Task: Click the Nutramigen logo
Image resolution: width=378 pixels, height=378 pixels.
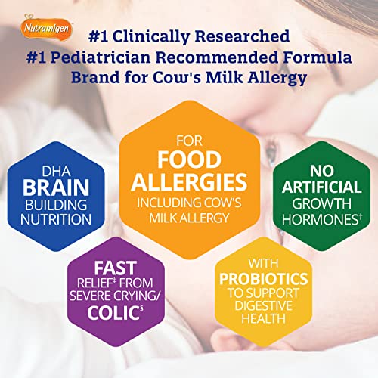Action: coord(46,28)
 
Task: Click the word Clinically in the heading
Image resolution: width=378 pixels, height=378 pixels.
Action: coord(150,36)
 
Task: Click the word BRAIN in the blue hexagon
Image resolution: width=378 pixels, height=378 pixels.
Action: coord(56,187)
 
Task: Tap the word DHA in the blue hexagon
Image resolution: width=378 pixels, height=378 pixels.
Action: coord(56,172)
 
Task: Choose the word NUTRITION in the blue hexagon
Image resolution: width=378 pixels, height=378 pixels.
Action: coord(56,219)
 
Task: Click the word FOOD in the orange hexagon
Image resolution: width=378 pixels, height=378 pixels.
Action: coord(190,160)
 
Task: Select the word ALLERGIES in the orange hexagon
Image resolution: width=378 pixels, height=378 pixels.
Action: coord(189,182)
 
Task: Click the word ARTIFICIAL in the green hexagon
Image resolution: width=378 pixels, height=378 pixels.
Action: coord(321,187)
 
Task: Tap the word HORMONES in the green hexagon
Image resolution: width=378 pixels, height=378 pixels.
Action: coord(320,219)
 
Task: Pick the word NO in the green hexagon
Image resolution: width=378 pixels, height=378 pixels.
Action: coord(322,172)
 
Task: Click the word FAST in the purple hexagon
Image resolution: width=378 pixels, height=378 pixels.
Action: coord(116,268)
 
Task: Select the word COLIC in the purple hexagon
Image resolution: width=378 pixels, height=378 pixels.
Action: coord(113,313)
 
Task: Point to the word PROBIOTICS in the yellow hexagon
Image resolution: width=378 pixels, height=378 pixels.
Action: coord(264,279)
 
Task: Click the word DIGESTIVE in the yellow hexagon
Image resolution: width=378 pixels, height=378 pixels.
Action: coord(264,305)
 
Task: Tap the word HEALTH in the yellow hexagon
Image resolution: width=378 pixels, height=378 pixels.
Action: coord(264,318)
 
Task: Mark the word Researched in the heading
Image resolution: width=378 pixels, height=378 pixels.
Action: coord(242,36)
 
